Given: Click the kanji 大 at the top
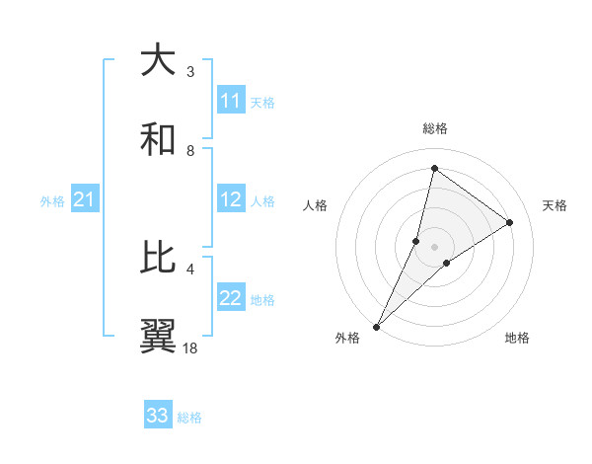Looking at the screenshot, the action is (x=159, y=61).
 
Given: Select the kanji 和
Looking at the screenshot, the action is (x=159, y=140).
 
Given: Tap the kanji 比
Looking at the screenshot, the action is (x=159, y=259).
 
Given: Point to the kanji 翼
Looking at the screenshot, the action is (x=159, y=337).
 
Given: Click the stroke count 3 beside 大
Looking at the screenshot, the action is (x=190, y=71).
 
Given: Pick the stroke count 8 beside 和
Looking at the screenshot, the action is (x=190, y=150).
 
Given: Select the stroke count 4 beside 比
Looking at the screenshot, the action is (x=190, y=269).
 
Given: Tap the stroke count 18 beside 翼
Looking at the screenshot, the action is (x=190, y=348).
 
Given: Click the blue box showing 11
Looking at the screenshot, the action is (x=231, y=101).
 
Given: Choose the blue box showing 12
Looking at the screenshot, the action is (x=231, y=199).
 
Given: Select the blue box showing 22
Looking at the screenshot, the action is (x=231, y=298).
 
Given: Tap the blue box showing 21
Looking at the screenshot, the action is (x=84, y=199).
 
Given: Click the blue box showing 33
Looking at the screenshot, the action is (x=157, y=416).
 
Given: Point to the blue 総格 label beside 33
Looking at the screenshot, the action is (x=189, y=418).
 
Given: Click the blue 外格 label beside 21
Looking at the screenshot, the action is (x=52, y=201).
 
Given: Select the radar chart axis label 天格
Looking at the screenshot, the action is (x=555, y=205).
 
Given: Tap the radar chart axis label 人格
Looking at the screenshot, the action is (x=316, y=205).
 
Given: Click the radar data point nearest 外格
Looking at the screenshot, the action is (x=377, y=326).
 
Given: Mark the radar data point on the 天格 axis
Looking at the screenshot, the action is (x=509, y=222).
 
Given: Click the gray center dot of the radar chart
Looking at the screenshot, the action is (x=434, y=246).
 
